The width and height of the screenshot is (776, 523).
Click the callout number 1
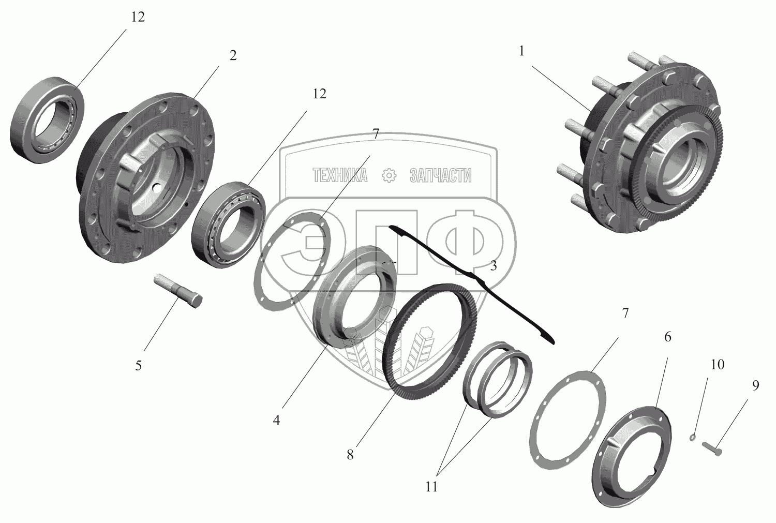[x=522, y=51]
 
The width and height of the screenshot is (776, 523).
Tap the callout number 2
[x=233, y=55]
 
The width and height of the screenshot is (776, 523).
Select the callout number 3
[x=494, y=266]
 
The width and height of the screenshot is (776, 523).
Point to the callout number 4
[x=277, y=420]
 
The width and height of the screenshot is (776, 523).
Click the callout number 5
[x=138, y=366]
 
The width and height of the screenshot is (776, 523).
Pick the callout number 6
[x=667, y=337]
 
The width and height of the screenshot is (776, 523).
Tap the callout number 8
[x=350, y=455]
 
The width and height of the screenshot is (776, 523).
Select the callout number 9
[x=755, y=385]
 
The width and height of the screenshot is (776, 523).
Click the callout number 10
[x=717, y=365]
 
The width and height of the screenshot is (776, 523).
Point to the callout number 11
[x=431, y=487]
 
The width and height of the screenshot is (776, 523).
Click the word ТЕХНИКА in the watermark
[x=340, y=176]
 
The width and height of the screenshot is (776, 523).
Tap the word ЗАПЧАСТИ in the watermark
[x=440, y=176]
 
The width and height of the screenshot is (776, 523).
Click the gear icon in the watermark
[x=389, y=176]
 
